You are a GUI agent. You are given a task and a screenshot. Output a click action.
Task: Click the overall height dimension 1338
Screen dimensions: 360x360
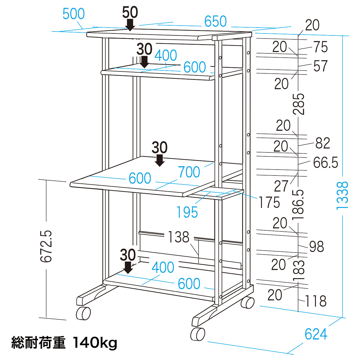343,195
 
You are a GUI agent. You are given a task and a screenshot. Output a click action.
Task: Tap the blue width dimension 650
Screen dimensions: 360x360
215,21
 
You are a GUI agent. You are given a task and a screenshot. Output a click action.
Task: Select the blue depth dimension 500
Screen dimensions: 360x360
73,14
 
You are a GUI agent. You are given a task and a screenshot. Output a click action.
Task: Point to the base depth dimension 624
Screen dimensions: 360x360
316,334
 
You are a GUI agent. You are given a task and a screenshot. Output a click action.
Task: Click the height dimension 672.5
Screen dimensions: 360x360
46,246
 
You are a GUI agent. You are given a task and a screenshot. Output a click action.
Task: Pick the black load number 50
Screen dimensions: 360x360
130,12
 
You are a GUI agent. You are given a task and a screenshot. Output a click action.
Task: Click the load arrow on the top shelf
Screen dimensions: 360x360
130,25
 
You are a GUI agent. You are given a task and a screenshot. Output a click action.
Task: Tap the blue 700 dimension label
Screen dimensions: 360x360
189,172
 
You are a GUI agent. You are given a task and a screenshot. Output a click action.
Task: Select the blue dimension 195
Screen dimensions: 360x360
187,212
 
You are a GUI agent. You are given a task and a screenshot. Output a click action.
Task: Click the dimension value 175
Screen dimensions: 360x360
269,202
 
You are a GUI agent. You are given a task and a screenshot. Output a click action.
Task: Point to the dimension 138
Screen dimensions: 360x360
179,237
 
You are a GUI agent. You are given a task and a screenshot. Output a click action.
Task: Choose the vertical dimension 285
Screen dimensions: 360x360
299,104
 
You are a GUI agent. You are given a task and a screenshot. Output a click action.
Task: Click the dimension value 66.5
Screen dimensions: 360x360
325,163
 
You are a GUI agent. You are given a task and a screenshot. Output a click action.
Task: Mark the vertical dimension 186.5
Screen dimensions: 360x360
298,205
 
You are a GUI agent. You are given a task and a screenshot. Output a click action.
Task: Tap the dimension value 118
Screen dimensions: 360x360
316,301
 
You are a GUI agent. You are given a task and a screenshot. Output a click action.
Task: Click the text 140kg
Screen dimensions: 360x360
95,343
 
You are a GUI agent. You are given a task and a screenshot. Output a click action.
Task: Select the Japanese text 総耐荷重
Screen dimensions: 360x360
38,343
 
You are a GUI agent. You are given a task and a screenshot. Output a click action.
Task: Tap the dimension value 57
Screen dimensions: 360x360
320,66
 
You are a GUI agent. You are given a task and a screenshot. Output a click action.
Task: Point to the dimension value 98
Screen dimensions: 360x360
316,247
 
